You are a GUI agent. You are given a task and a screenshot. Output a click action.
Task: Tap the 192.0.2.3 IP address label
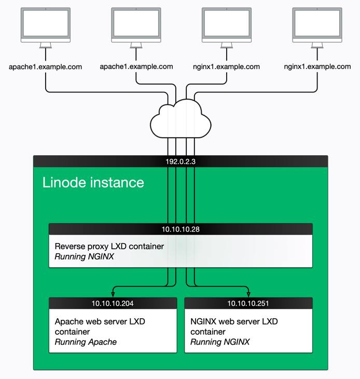[180, 162]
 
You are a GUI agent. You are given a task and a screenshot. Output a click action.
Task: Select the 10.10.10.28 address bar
[180, 229]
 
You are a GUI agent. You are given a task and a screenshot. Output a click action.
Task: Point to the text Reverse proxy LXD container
[109, 247]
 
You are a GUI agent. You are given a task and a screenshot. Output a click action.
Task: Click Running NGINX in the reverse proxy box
[85, 256]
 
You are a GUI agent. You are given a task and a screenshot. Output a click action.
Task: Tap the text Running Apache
[86, 342]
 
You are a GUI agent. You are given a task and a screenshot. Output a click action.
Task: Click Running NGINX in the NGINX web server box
[220, 342]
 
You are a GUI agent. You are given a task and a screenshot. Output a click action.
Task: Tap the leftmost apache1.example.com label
[46, 67]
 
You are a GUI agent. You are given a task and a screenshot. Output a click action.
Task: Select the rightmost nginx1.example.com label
[317, 67]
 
